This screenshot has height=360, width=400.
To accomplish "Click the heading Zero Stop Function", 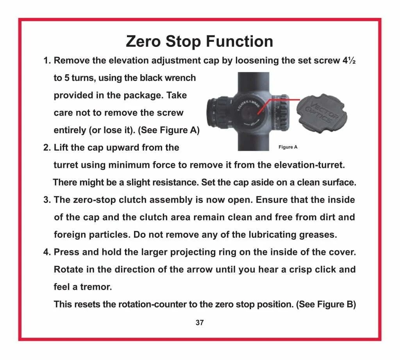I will [199, 41].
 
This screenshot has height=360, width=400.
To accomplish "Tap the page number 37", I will [200, 323].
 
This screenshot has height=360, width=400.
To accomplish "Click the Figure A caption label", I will [288, 147].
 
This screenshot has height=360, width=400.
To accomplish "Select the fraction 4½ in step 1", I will [348, 61].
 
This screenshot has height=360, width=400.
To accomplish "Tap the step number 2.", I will [47, 148].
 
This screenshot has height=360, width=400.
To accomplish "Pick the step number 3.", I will [47, 200].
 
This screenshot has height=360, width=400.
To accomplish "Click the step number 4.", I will [47, 252].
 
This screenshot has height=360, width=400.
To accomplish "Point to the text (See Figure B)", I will [326, 305].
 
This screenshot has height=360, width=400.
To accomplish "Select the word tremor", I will [97, 287].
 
